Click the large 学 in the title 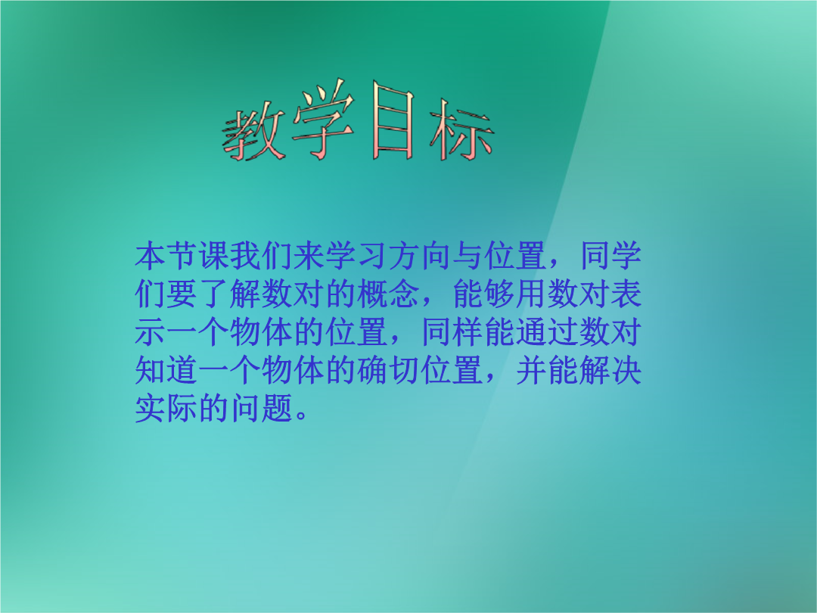(323, 120)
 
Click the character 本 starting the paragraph (151, 256)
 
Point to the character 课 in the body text (214, 256)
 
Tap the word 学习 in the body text (357, 256)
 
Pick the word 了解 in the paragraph (230, 294)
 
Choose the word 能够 (485, 294)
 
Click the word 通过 (548, 332)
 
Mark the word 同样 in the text (453, 332)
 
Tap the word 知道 (166, 370)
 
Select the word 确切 (389, 370)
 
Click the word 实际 (166, 408)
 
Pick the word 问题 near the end (262, 408)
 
